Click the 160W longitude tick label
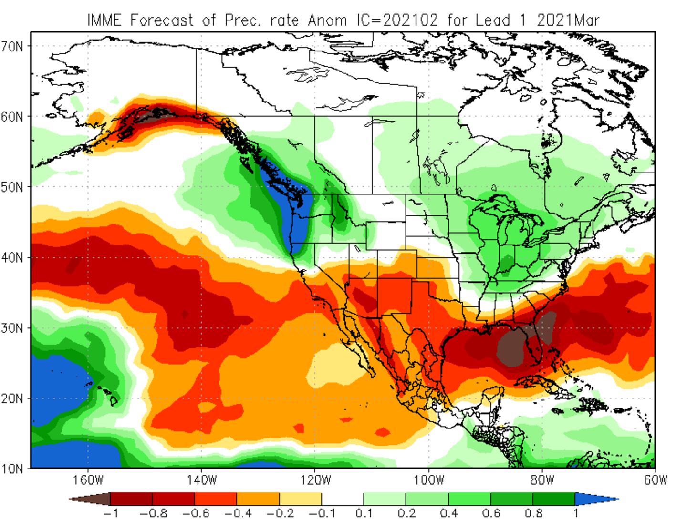point(88,479)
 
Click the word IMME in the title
point(105,20)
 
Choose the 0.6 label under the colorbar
point(491,514)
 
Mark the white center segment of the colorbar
point(342,499)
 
